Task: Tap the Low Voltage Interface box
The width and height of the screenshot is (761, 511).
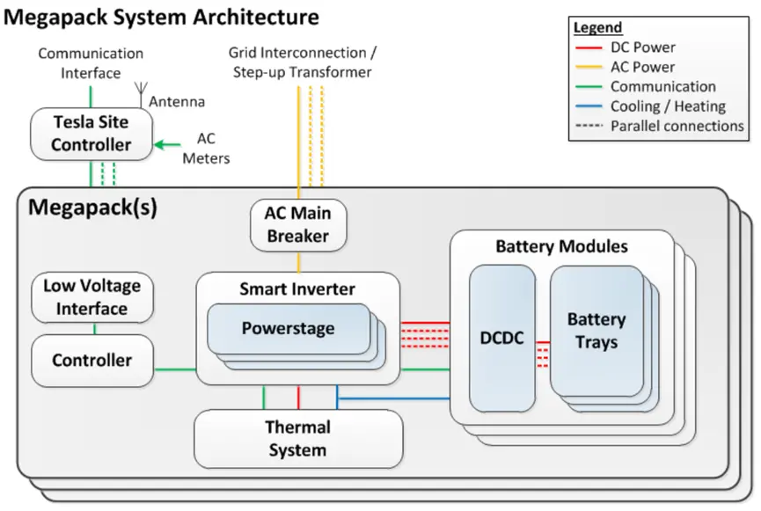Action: [x=92, y=297]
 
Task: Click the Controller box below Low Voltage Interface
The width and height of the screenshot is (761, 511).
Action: [x=92, y=360]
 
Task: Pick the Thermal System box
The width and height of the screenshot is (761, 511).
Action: [x=297, y=439]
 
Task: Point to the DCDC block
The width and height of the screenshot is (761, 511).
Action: [x=501, y=339]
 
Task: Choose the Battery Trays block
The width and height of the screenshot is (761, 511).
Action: [x=596, y=330]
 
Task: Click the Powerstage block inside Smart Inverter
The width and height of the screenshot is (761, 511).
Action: [x=288, y=328]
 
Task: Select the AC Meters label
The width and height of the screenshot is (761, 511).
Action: [x=206, y=149]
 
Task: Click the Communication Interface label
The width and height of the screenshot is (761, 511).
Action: [x=91, y=63]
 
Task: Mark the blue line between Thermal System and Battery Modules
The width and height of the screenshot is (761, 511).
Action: [x=396, y=399]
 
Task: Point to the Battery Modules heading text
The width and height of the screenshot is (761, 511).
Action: [x=561, y=246]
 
